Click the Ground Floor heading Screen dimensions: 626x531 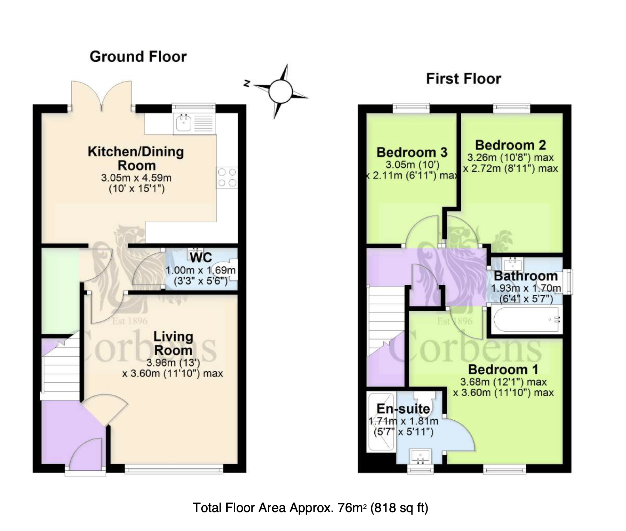138,57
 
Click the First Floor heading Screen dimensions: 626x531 464,79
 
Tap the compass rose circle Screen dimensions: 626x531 280,91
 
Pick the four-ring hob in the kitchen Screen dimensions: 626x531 227,177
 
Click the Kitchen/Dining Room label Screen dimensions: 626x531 136,158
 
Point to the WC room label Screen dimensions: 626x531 201,257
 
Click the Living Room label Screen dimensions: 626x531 173,343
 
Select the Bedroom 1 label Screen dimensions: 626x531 503,369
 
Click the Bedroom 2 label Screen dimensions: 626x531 510,145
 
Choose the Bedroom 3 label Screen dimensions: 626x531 412,152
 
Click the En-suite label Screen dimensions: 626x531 403,409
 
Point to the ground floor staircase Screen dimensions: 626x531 60,368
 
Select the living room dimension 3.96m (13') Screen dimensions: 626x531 173,363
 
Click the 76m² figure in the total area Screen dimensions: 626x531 352,507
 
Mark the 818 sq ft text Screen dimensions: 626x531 399,507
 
